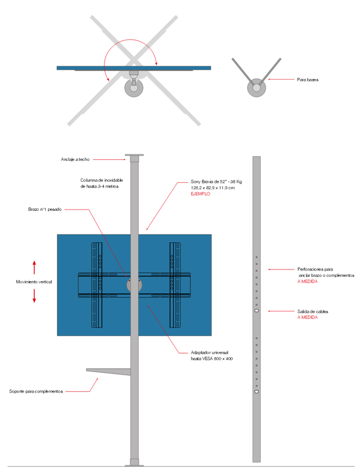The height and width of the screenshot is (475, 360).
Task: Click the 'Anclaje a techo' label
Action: tap(75, 159)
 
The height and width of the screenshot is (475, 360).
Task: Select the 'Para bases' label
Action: tap(308, 80)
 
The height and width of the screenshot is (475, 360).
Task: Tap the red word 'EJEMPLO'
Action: tap(200, 194)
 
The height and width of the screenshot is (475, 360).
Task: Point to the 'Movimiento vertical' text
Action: tap(34, 282)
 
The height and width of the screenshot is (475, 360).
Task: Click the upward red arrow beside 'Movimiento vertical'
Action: tap(34, 267)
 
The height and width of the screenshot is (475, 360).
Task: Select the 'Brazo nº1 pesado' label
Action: tap(45, 209)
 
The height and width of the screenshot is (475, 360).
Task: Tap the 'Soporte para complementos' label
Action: tap(36, 391)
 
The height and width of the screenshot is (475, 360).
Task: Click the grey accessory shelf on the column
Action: tap(107, 370)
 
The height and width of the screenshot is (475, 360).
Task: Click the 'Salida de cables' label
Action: tap(312, 312)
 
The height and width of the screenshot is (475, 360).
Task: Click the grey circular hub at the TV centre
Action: tap(134, 285)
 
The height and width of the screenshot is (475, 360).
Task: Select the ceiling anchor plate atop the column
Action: tap(134, 157)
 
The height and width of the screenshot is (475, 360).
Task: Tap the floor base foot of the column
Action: tap(134, 462)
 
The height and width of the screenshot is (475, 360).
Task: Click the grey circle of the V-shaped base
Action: tap(255, 88)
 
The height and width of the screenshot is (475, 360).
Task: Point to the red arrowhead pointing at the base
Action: tap(269, 80)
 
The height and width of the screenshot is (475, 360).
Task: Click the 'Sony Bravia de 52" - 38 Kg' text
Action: tap(216, 182)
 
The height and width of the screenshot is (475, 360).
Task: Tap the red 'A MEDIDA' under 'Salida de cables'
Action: tap(307, 318)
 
